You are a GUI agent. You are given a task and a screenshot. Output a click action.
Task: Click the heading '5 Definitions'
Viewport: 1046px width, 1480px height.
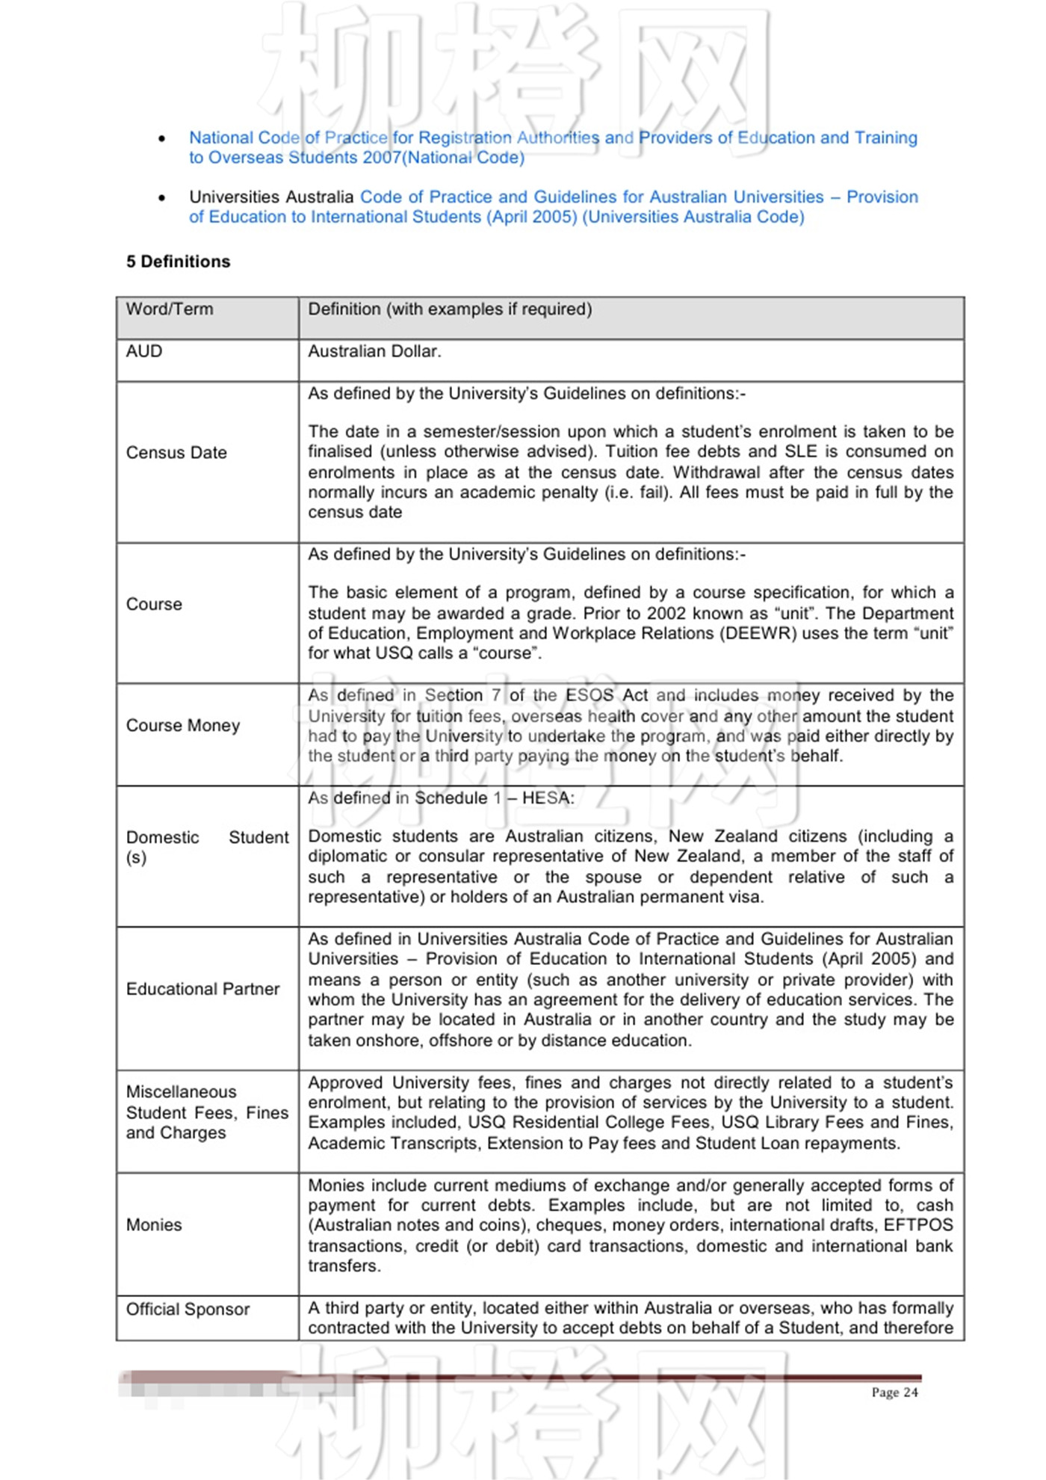178,262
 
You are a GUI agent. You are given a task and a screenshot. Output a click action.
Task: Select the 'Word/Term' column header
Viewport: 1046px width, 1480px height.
170,309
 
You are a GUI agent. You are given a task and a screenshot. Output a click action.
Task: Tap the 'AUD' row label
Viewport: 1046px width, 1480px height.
144,351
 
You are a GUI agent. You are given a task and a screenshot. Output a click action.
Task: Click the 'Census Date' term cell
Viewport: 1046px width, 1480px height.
176,453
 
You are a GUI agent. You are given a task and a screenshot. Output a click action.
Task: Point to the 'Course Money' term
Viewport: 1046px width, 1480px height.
183,726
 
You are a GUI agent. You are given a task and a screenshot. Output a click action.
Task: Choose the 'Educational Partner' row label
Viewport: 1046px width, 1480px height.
202,990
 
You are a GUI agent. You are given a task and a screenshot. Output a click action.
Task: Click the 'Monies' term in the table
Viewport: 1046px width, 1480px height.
154,1225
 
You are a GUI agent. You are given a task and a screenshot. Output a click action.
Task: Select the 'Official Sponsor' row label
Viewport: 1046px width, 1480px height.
188,1310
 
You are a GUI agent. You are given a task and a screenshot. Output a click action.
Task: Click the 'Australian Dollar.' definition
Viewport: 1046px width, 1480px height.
374,351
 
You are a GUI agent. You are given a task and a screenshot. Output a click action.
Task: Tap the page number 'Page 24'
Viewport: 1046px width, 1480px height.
894,1393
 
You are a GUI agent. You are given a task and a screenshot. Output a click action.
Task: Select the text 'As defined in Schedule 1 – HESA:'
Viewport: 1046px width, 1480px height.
441,798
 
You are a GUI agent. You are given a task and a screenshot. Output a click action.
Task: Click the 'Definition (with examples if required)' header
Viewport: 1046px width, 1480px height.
450,309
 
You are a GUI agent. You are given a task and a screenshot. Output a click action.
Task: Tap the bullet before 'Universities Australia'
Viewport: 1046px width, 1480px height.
162,198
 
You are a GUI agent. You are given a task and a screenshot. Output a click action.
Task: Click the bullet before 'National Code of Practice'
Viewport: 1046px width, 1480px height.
162,139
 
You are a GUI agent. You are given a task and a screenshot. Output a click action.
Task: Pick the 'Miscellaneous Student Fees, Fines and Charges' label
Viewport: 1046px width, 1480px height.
207,1113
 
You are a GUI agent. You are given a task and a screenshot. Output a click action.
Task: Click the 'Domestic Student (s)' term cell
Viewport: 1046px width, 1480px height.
207,848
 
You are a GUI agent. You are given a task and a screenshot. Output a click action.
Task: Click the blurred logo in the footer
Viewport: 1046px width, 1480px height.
224,1385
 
